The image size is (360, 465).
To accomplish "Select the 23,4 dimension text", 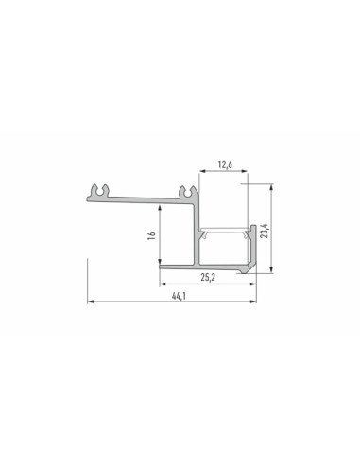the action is tap(266, 231).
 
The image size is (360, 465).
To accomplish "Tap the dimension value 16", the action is tap(152, 235).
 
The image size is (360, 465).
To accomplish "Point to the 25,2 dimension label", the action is tap(208, 277).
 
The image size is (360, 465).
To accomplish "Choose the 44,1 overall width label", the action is tap(179, 296).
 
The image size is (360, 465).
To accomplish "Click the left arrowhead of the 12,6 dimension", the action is tap(202, 171).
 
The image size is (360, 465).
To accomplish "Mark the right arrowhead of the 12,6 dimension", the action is tap(245, 171).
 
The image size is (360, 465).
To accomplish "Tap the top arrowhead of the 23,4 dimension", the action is tap(272, 186).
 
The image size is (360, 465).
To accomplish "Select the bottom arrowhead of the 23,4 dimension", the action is tap(272, 270).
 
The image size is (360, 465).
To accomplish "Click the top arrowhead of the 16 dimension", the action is tap(160, 208).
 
